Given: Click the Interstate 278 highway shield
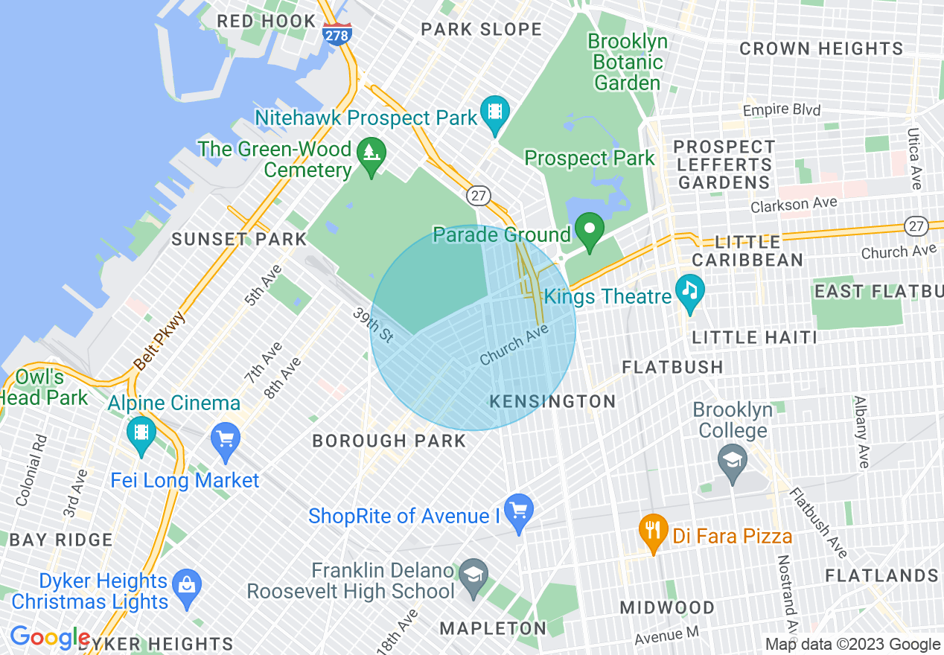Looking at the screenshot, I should (337, 33).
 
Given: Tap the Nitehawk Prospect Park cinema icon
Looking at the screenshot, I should (494, 112).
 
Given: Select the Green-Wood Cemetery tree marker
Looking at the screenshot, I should (370, 154).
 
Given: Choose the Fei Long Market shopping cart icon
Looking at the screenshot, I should (224, 438).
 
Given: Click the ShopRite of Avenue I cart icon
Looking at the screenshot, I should (518, 510).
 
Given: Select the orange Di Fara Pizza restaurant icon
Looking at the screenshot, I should (653, 530).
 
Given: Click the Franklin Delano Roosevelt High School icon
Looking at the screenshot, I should (472, 575).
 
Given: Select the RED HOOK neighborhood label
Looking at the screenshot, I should (267, 21).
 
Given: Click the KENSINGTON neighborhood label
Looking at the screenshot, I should (552, 402).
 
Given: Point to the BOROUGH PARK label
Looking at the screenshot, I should (389, 441).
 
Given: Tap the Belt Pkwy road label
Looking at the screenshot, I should (159, 341).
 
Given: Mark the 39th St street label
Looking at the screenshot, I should (372, 325).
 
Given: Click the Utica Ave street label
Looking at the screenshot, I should (914, 157).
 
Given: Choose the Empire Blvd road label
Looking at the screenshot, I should (782, 110).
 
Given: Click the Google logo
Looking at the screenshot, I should (50, 638).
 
